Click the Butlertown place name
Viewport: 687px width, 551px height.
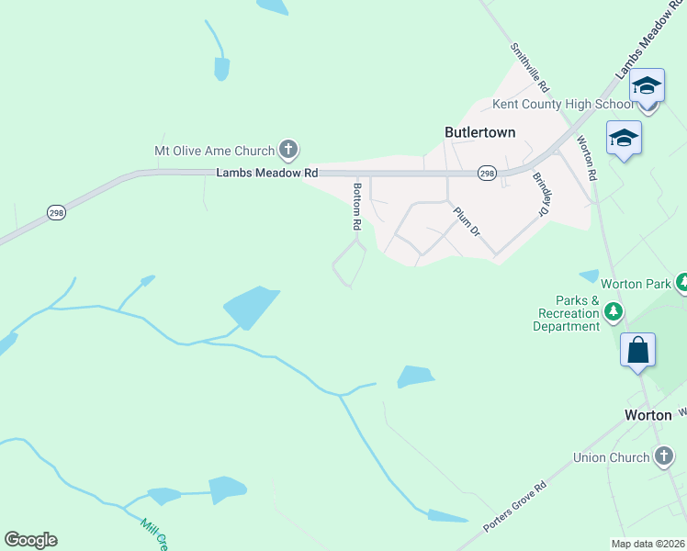coord(479,132)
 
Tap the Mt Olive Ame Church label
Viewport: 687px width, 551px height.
coord(214,151)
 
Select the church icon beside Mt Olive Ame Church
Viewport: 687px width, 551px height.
coord(288,150)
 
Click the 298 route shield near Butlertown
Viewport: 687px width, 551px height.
coord(487,174)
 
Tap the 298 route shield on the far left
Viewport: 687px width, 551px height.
coord(57,212)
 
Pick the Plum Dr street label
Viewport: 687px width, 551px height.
coord(467,221)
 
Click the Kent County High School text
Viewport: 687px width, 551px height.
coord(563,105)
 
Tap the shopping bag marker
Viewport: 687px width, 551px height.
coord(638,351)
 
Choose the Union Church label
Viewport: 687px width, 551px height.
coord(611,456)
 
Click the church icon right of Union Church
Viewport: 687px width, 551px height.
coord(664,455)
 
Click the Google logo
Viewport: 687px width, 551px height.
coord(30,540)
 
